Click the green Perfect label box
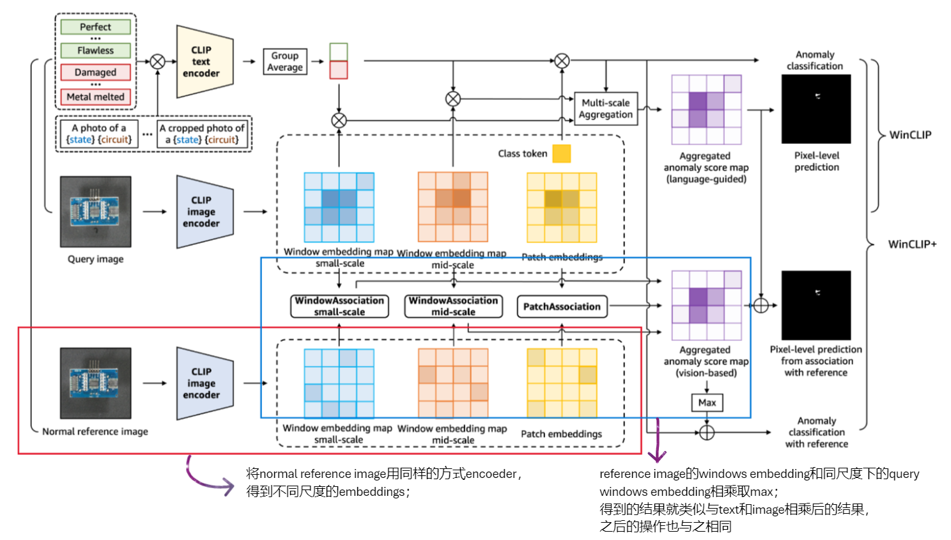pyautogui.click(x=95, y=27)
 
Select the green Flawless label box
pyautogui.click(x=95, y=51)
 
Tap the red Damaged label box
pyautogui.click(x=95, y=72)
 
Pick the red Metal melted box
pyautogui.click(x=95, y=97)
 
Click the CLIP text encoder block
pyautogui.click(x=203, y=62)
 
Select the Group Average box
pyautogui.click(x=285, y=61)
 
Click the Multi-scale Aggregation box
pyautogui.click(x=605, y=109)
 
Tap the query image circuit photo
pyautogui.click(x=96, y=212)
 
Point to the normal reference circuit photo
pyautogui.click(x=96, y=383)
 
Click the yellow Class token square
pyautogui.click(x=561, y=154)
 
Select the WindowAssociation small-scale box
pyautogui.click(x=339, y=306)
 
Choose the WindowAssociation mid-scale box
pyautogui.click(x=453, y=306)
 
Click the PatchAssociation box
pyautogui.click(x=562, y=306)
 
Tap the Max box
pyautogui.click(x=707, y=402)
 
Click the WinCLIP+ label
pyautogui.click(x=912, y=244)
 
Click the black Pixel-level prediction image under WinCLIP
pyautogui.click(x=816, y=109)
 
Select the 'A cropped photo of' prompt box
pyautogui.click(x=202, y=134)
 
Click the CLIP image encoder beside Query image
pyautogui.click(x=203, y=212)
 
